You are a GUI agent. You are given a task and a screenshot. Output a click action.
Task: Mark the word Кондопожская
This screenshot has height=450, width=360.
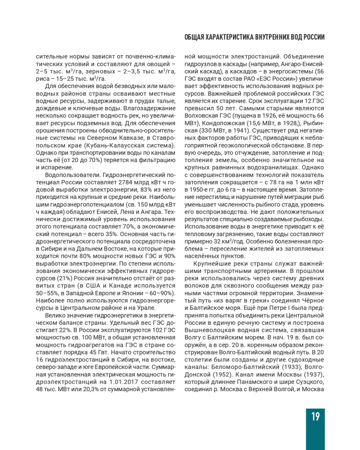tap(223, 123)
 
